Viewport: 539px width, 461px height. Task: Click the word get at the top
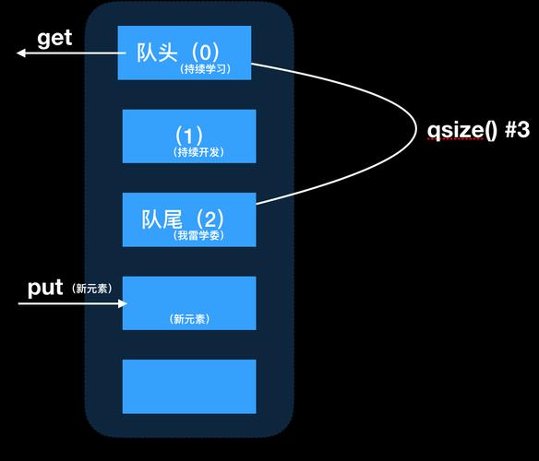tap(54, 39)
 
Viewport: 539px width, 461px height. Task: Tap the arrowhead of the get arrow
tap(21, 53)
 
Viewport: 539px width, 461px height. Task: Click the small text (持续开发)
tap(198, 152)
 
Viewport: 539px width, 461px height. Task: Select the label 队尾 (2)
tap(183, 219)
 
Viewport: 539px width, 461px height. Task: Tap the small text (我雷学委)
tap(198, 236)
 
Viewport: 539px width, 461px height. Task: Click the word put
tap(44, 288)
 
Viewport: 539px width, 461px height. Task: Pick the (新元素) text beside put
tap(90, 289)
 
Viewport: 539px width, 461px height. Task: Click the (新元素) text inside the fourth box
tap(189, 319)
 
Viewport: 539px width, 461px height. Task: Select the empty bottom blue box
tap(189, 386)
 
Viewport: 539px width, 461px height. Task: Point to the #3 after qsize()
tap(517, 130)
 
